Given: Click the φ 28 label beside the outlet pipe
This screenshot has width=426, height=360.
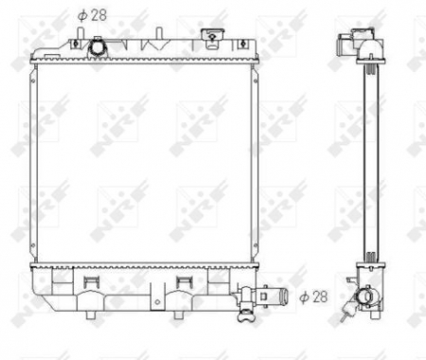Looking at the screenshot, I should pos(313,297).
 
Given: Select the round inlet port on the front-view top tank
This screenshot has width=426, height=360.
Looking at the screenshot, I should pos(98,47).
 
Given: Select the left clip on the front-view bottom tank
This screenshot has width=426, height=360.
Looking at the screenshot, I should pos(90,283).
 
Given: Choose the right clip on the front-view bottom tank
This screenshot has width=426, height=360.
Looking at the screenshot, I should pos(184,283).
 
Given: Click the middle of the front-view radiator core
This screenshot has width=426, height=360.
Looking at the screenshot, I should pos(147,161).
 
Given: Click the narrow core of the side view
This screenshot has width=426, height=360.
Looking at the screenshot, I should pos(366,161).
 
